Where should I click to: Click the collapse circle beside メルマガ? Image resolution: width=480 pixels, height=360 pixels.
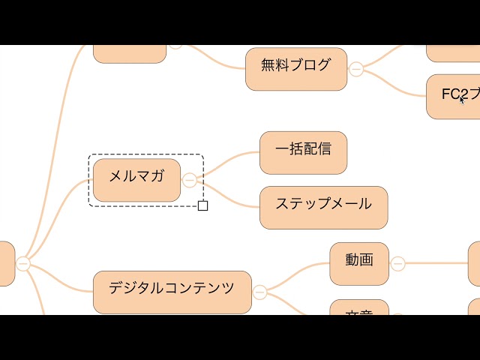click(x=190, y=180)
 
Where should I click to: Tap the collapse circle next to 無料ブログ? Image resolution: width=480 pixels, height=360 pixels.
click(x=356, y=69)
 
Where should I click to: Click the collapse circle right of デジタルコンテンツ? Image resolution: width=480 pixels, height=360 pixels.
click(x=259, y=292)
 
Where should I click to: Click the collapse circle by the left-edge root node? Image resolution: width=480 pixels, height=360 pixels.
click(x=23, y=263)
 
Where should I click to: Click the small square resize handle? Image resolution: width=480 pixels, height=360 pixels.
click(x=202, y=205)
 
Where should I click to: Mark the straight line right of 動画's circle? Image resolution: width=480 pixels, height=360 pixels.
click(x=435, y=263)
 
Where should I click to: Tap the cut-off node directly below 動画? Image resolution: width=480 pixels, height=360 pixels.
click(x=359, y=308)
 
